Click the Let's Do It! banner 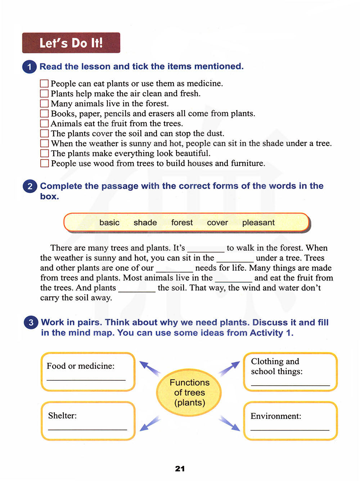pos(71,43)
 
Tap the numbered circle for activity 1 pos(30,67)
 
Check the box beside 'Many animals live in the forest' pos(44,104)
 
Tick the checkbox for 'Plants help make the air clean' pos(44,94)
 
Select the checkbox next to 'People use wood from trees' pos(44,163)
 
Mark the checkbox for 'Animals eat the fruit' pos(44,123)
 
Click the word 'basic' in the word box pos(109,222)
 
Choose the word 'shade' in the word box pos(145,222)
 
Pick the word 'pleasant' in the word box pos(258,222)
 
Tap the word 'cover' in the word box pos(217,222)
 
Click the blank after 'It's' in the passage pos(206,249)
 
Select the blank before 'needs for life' pos(174,269)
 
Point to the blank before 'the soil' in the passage pos(137,289)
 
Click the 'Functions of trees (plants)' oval pos(189,392)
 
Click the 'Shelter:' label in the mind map pos(63,416)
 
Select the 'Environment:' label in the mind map pos(276,416)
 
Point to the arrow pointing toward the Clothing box pos(229,369)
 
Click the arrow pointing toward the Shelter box pos(149,423)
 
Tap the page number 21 pos(180,468)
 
